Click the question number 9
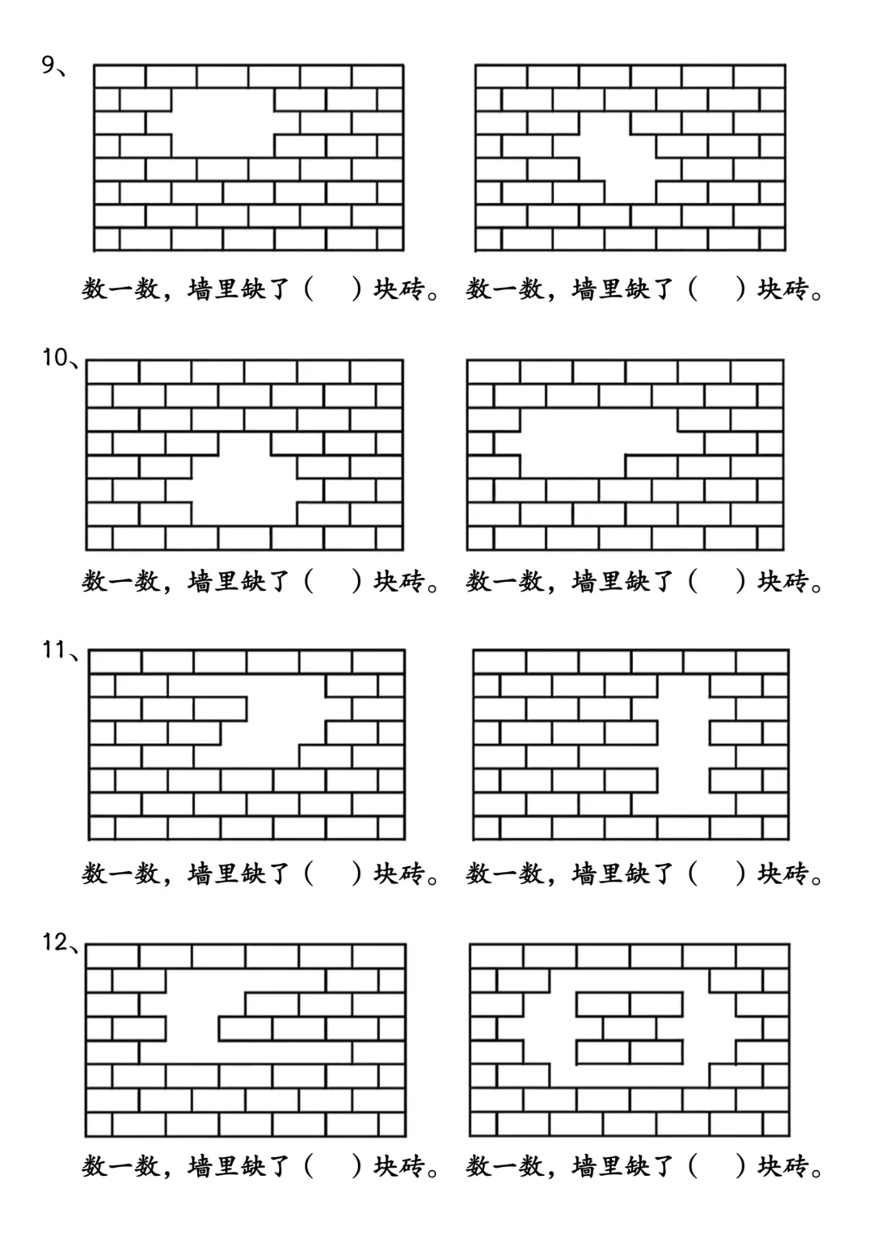[49, 64]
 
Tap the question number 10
[55, 357]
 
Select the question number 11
[54, 650]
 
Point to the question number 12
[55, 942]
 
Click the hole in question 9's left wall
[223, 123]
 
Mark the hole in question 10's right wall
[598, 443]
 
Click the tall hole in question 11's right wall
[683, 743]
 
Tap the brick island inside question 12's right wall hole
[630, 1028]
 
